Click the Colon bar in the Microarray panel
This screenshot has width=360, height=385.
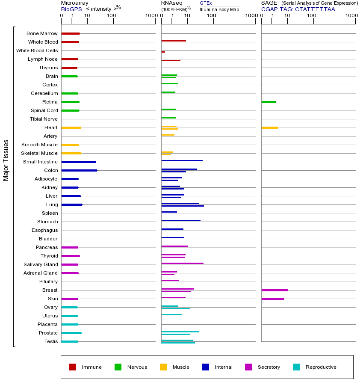click(80, 170)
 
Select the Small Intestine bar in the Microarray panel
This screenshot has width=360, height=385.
click(79, 162)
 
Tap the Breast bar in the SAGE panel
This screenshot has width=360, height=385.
click(274, 290)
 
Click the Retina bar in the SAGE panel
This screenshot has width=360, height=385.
click(269, 102)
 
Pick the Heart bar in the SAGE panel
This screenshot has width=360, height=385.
click(269, 127)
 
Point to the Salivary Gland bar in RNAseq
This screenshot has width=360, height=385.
click(182, 263)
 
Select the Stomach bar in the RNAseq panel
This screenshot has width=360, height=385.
click(181, 220)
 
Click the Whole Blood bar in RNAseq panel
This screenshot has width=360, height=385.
click(174, 41)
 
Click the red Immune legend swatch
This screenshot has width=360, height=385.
click(73, 367)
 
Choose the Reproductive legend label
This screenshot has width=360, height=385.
click(321, 367)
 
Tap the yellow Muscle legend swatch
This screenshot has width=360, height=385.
click(163, 367)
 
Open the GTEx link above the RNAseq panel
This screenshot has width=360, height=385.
click(206, 3)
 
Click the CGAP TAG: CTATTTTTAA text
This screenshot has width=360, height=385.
click(298, 9)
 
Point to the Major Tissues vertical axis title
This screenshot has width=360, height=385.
click(6, 160)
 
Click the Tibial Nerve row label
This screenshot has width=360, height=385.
click(44, 119)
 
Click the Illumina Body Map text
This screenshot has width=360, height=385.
click(219, 9)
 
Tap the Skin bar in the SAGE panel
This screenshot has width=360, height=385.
click(273, 299)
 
